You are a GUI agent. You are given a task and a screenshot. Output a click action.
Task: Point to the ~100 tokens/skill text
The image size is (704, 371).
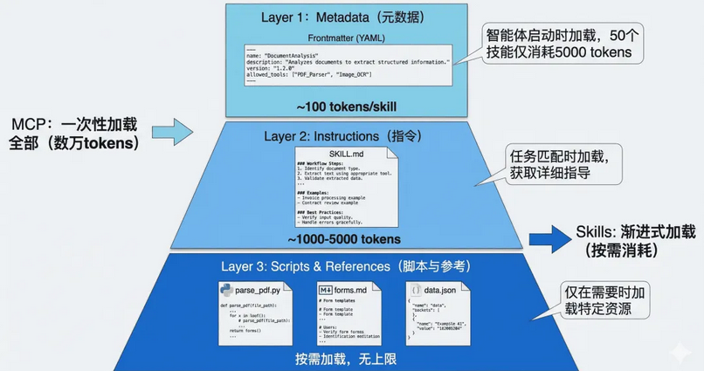click(348, 105)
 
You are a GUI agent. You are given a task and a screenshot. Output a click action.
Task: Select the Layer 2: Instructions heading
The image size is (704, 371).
click(348, 136)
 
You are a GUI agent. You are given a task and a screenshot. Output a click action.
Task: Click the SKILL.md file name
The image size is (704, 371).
click(348, 154)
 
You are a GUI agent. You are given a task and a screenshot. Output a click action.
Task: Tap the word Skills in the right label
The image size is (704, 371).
click(596, 231)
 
